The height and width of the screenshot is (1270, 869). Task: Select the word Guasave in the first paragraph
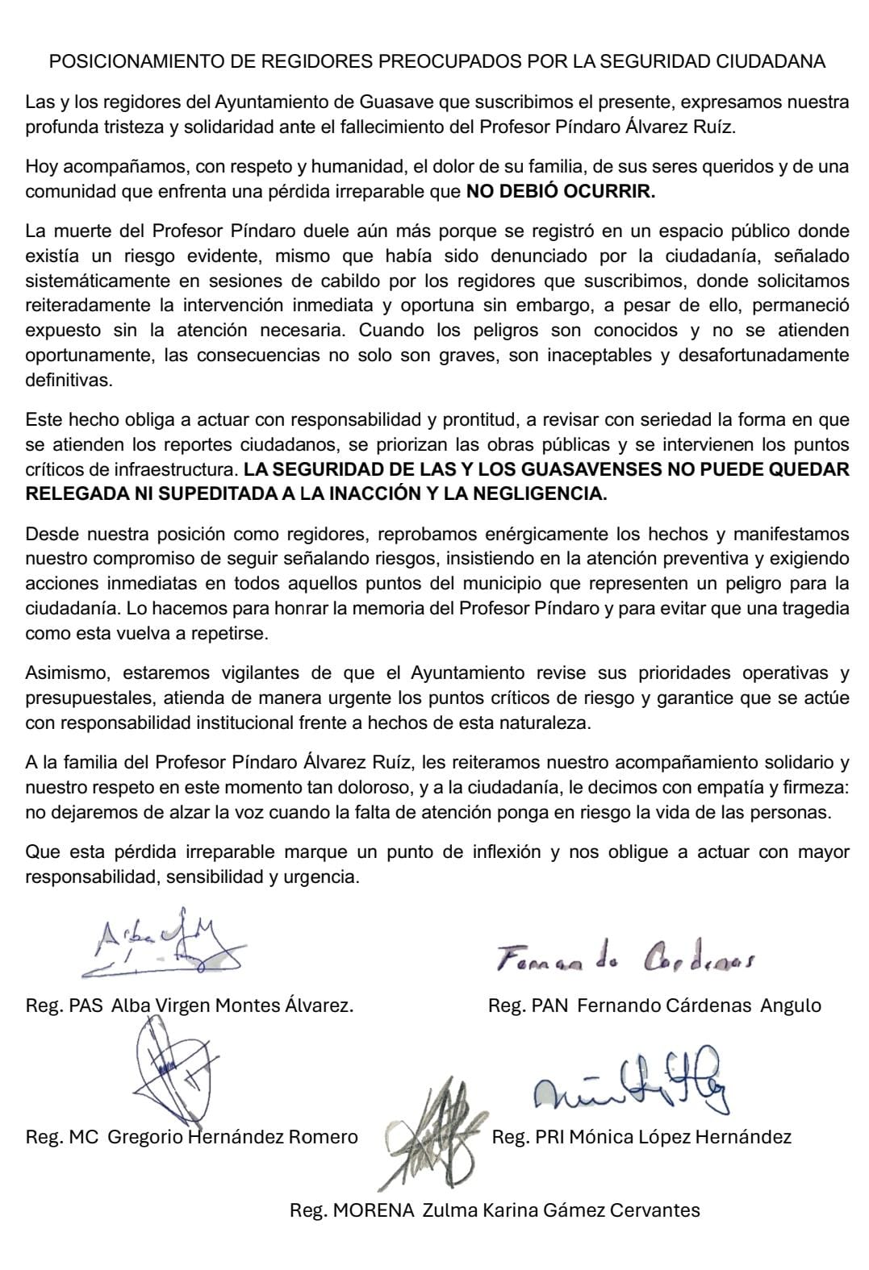pyautogui.click(x=371, y=102)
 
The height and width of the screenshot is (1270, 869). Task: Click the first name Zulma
pyautogui.click(x=447, y=1210)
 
